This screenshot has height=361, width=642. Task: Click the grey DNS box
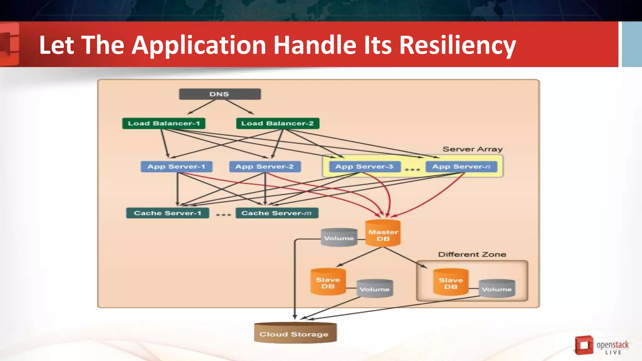click(x=219, y=94)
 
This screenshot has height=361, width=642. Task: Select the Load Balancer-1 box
click(x=164, y=123)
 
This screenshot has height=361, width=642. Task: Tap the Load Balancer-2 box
click(x=277, y=123)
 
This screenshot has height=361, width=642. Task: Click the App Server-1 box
click(x=176, y=166)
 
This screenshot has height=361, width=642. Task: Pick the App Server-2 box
click(x=265, y=166)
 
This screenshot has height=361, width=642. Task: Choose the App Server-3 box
click(x=364, y=166)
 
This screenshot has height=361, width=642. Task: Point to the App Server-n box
click(x=461, y=166)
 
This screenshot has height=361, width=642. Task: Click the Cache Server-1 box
click(x=167, y=213)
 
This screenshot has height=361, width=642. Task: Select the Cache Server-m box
click(x=276, y=213)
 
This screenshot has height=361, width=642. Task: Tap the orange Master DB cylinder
click(x=383, y=233)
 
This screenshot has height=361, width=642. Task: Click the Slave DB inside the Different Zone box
click(x=451, y=282)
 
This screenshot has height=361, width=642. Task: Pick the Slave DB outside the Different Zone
click(x=328, y=282)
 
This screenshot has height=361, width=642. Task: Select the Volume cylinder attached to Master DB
click(x=339, y=238)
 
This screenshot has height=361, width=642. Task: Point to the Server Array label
click(x=472, y=149)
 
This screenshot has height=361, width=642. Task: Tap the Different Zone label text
click(x=472, y=254)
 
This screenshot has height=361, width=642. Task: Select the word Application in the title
click(x=199, y=45)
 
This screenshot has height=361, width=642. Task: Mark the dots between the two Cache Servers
click(x=223, y=215)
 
